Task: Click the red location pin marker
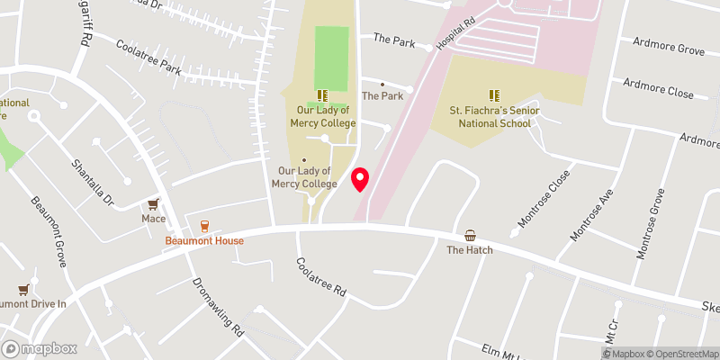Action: (x=361, y=179)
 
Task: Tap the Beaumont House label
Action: (x=204, y=241)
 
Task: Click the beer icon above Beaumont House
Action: (x=204, y=226)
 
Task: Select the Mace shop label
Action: (x=153, y=218)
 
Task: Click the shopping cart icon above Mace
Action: (x=153, y=203)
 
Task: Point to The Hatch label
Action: (x=470, y=249)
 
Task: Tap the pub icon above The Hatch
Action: (x=470, y=235)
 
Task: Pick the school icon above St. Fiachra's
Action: (x=493, y=94)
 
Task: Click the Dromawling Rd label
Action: (x=219, y=306)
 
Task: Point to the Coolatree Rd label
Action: (x=321, y=277)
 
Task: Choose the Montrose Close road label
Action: (x=544, y=198)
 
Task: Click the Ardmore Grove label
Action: (x=669, y=46)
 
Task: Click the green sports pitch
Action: (x=330, y=58)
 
